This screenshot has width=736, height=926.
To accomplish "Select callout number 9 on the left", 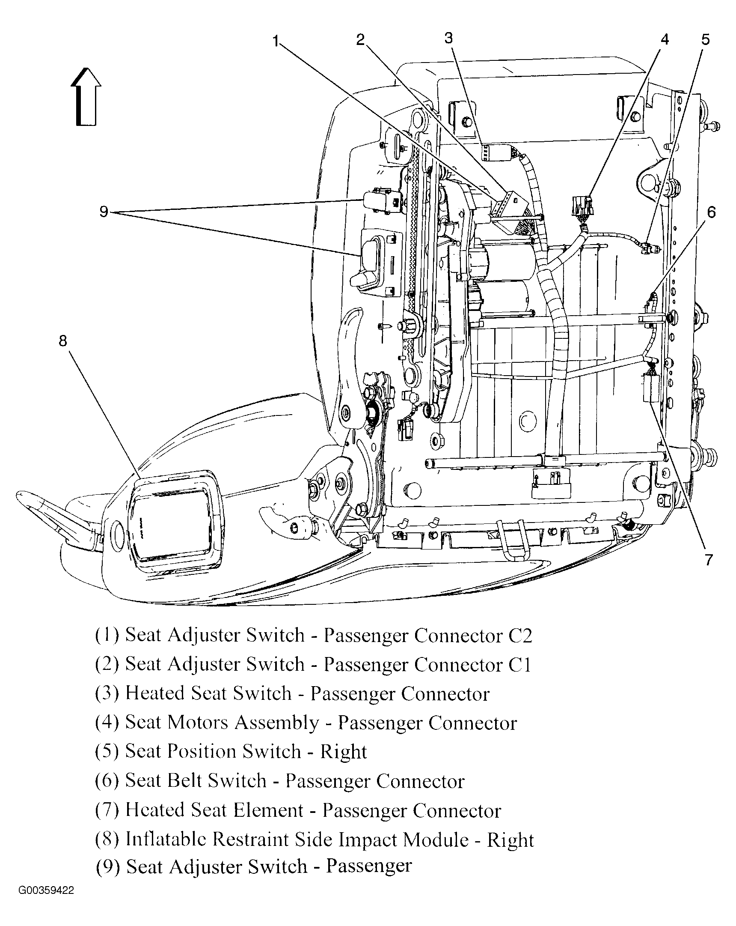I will (104, 212).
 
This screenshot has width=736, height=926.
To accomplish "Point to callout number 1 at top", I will (276, 41).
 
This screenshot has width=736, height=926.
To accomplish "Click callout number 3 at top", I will (448, 39).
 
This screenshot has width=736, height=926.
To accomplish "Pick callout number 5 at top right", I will (706, 40).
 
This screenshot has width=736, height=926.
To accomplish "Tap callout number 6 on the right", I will (711, 212).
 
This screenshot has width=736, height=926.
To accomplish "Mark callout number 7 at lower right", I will (708, 560).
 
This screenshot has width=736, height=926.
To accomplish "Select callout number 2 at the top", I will (360, 40).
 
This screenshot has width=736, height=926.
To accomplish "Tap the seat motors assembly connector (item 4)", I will (582, 206).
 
